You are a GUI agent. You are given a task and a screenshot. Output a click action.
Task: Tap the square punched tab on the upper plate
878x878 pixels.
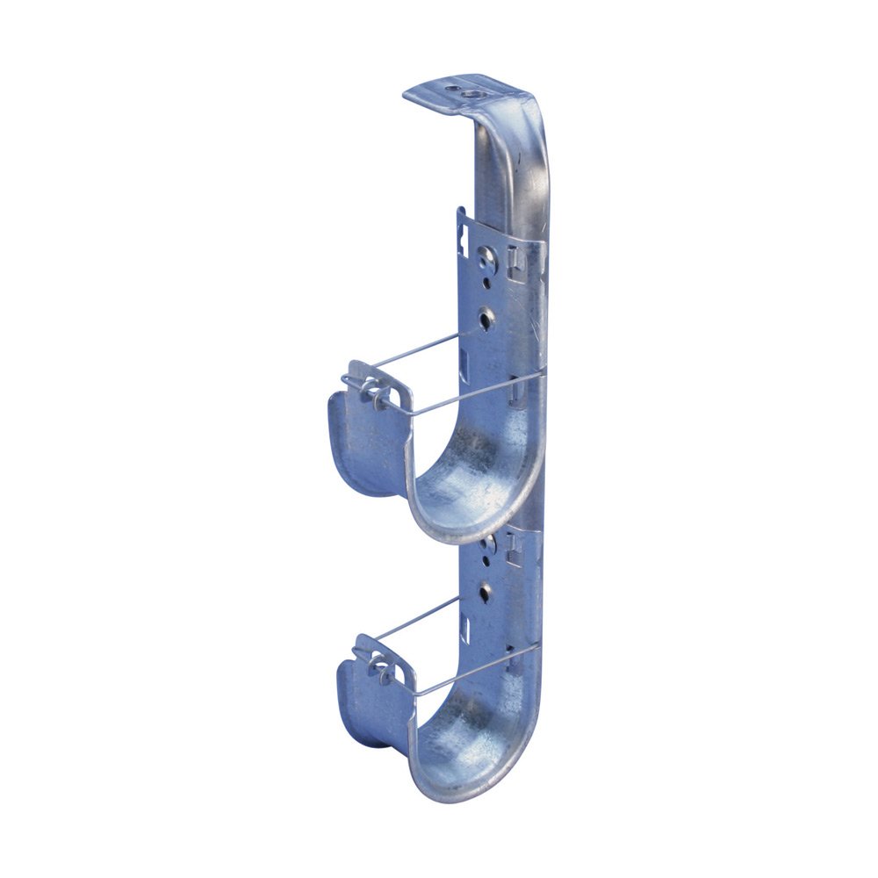click(516, 260)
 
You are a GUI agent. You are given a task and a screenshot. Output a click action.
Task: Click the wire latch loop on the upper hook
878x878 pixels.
click(368, 392)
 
